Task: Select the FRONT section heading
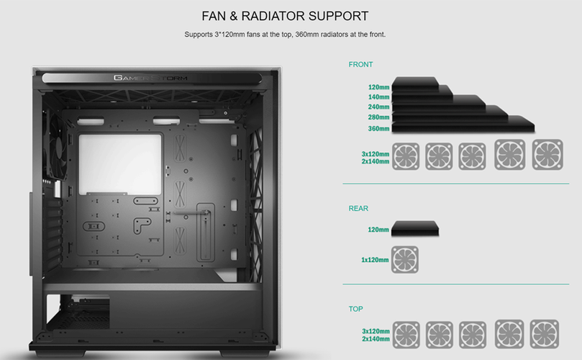click(360, 65)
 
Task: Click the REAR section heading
click(358, 209)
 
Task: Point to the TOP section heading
click(355, 309)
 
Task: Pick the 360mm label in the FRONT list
click(378, 129)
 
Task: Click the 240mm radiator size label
click(378, 107)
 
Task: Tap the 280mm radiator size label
click(378, 118)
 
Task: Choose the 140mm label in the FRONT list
click(378, 96)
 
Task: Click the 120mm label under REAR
click(378, 230)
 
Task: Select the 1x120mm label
click(376, 259)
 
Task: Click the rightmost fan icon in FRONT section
click(547, 156)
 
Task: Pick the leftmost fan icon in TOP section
click(406, 335)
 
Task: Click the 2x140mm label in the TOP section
click(375, 338)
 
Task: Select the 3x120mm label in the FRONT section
click(375, 153)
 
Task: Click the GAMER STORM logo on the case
click(149, 78)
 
